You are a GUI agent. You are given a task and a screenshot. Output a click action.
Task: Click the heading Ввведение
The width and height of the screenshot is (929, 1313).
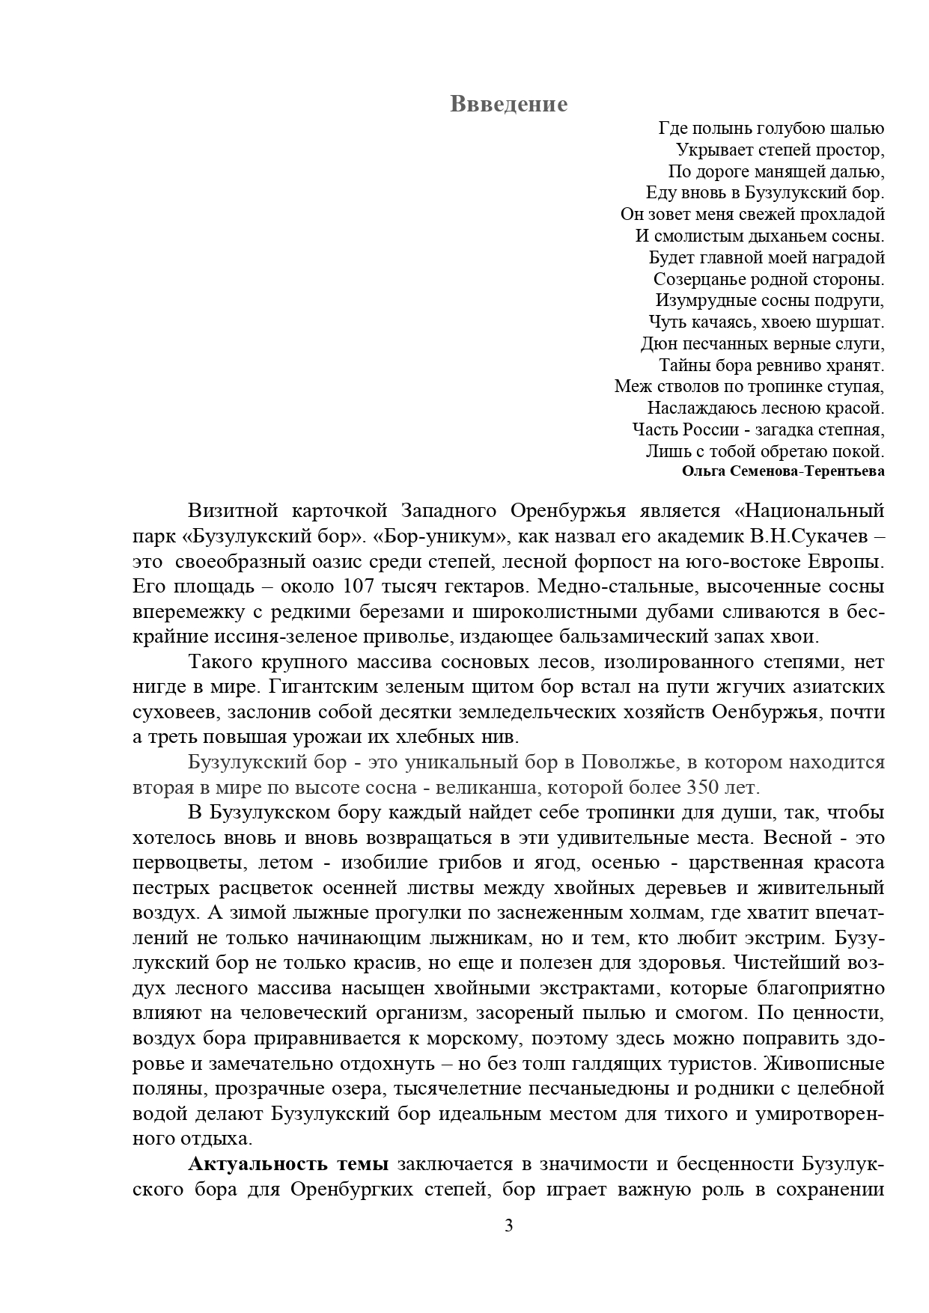point(508,104)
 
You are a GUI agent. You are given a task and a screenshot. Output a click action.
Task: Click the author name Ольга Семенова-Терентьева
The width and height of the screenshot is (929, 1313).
point(783,471)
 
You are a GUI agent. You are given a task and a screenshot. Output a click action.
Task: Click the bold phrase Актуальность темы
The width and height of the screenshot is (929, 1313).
point(288,1164)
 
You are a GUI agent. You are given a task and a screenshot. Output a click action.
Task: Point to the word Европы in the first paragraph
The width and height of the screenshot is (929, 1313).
point(848,561)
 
